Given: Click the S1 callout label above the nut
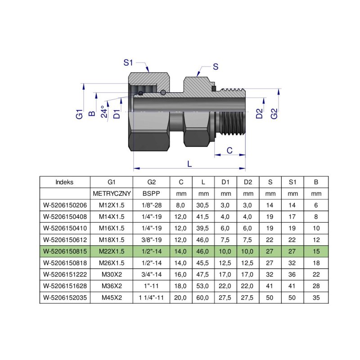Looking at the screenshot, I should coord(129,63).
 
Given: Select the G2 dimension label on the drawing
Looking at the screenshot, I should coord(274,113).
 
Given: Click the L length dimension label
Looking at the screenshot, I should coord(189,164).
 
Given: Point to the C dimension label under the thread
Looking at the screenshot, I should coord(229,150).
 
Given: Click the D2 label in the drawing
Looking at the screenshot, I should coord(260,113).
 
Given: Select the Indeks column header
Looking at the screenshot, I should coord(65,182).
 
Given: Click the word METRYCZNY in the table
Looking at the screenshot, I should coord(112,194).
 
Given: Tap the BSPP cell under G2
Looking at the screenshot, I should coord(151,194).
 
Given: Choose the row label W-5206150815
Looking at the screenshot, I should coord(65,250).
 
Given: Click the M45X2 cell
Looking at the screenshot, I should coord(112,297).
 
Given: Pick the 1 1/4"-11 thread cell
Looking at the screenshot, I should coord(151,297).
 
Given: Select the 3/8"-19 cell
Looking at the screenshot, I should coord(151,238).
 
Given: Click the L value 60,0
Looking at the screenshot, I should coord(203,297).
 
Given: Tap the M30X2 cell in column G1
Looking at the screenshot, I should coord(112,274).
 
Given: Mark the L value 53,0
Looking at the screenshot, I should coord(203,285).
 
